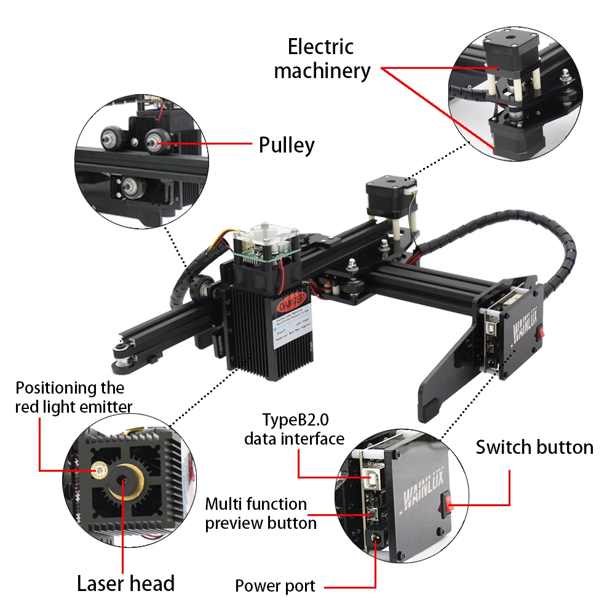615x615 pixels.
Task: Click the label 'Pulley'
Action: click(x=286, y=145)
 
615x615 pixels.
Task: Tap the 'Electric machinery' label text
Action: click(x=322, y=58)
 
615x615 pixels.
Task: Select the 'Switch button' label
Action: click(x=534, y=447)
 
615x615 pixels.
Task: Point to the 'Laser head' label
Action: click(x=125, y=583)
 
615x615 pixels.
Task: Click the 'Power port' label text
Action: click(x=275, y=586)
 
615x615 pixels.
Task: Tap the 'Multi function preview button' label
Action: click(x=261, y=514)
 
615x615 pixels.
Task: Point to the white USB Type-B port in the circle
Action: click(x=373, y=477)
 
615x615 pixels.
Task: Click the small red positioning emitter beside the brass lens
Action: click(x=98, y=472)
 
